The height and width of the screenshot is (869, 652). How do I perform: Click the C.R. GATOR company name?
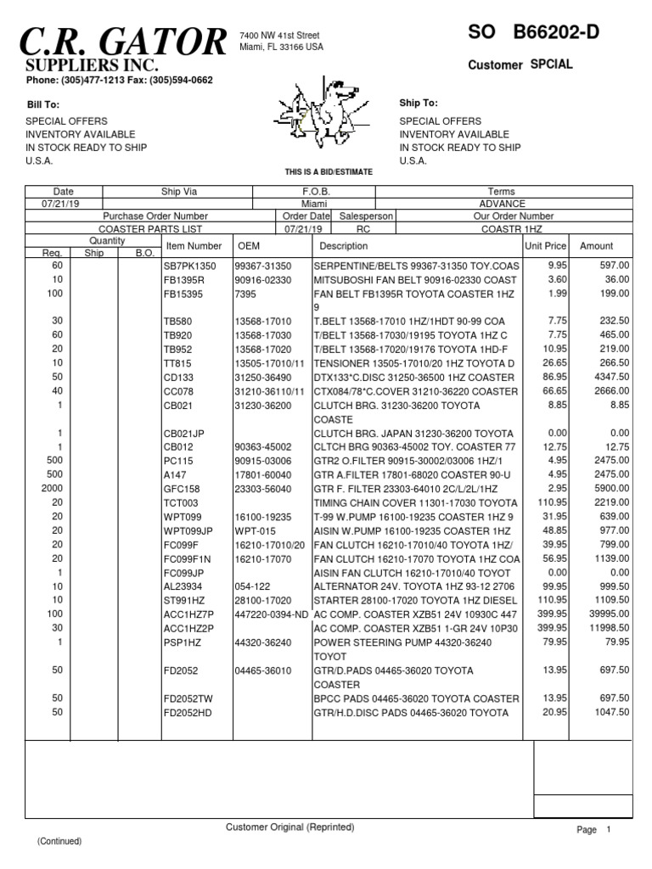pos(126,41)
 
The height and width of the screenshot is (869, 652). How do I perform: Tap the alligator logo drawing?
pos(326,115)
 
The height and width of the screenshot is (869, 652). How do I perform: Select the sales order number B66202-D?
pos(555,33)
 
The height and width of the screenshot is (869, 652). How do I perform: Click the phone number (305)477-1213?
pos(89,81)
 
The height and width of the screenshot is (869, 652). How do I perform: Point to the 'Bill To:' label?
pos(42,104)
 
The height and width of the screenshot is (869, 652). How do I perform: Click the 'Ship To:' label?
pos(419,103)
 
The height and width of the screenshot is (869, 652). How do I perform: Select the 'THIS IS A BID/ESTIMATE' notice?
pos(329,172)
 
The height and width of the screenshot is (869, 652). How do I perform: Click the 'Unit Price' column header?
pos(545,246)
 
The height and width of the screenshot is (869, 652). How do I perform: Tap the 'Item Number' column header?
pos(194,246)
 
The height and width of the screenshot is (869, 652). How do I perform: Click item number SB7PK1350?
pos(190,266)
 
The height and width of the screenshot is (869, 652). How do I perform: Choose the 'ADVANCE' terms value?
pos(507,204)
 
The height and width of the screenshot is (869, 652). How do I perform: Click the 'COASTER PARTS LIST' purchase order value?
pos(140,229)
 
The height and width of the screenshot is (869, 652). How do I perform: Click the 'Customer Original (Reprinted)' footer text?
pos(289,827)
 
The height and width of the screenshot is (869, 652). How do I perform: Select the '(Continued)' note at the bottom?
pos(59,841)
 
